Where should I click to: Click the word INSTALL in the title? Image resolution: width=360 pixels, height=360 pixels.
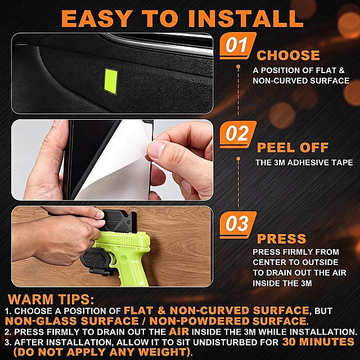tap(245, 19)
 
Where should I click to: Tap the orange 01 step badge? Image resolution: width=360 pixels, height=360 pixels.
tap(237, 46)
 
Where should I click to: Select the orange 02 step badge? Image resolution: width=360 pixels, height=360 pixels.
tap(237, 134)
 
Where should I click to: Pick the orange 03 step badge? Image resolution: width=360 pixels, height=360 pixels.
tap(237, 225)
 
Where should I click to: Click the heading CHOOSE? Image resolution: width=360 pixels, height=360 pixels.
tap(288, 55)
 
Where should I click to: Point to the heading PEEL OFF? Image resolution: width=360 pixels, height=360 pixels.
tap(292, 147)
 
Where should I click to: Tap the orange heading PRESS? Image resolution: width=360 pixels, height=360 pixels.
tap(281, 238)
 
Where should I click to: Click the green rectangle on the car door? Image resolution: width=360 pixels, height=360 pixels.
tap(111, 81)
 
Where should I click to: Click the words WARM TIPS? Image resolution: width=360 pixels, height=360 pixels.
tap(51, 299)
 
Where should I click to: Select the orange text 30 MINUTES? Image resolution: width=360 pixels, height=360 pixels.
tap(318, 342)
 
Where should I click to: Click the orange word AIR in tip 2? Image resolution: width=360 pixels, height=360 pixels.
tap(179, 331)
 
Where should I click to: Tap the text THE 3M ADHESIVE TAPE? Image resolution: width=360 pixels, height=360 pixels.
tap(304, 163)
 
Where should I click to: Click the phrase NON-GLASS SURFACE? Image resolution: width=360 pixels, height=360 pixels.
tap(72, 321)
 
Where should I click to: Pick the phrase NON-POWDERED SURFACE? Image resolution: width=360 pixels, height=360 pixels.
tap(229, 321)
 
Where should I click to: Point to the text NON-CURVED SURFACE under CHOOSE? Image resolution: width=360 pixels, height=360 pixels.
tap(301, 81)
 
